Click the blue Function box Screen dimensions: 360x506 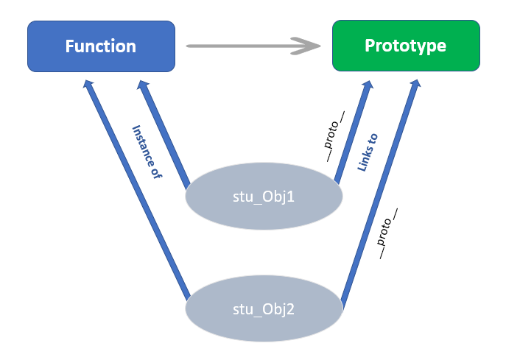101,46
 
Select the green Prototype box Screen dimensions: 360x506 406,46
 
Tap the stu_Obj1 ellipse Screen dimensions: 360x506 264,198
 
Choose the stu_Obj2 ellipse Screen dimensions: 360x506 264,308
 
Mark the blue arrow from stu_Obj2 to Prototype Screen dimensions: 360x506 379,191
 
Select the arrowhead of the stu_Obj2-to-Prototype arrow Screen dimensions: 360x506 415,85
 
